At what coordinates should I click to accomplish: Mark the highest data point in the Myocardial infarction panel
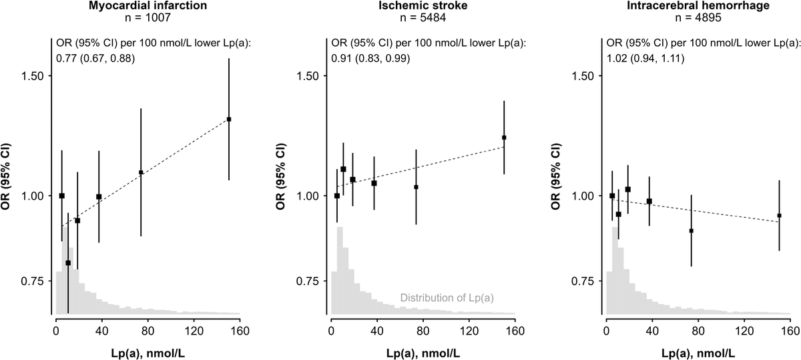click(229, 120)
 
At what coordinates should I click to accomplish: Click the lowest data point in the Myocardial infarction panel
click(68, 263)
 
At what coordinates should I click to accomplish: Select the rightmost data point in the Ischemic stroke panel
click(504, 138)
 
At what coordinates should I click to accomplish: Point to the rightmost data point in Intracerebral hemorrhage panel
click(779, 216)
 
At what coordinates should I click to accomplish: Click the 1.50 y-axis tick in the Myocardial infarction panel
click(33, 76)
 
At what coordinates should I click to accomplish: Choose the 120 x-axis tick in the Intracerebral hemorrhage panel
click(744, 329)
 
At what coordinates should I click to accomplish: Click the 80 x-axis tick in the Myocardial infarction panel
click(148, 329)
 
